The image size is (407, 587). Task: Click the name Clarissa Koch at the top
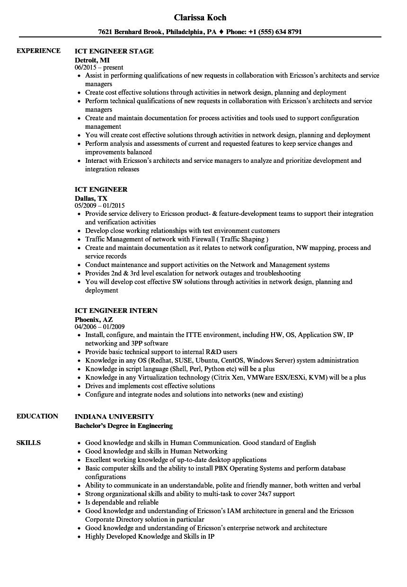point(200,18)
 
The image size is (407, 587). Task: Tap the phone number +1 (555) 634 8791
point(278,32)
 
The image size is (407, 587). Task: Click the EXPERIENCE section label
point(38,51)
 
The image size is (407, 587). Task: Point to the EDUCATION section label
point(37,416)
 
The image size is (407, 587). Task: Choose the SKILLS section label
point(28,443)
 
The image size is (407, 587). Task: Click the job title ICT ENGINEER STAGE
point(114,51)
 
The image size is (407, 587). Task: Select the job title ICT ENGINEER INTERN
point(116,311)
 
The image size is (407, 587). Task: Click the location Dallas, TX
point(91,198)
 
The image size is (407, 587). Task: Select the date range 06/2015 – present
point(99,68)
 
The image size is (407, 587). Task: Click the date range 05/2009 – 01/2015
point(100,206)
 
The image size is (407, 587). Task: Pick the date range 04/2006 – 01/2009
point(100,327)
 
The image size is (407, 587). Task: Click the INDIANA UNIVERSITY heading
point(114,417)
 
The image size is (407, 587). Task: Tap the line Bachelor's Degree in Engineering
point(124,426)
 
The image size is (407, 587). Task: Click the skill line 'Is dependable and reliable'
point(122,502)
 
